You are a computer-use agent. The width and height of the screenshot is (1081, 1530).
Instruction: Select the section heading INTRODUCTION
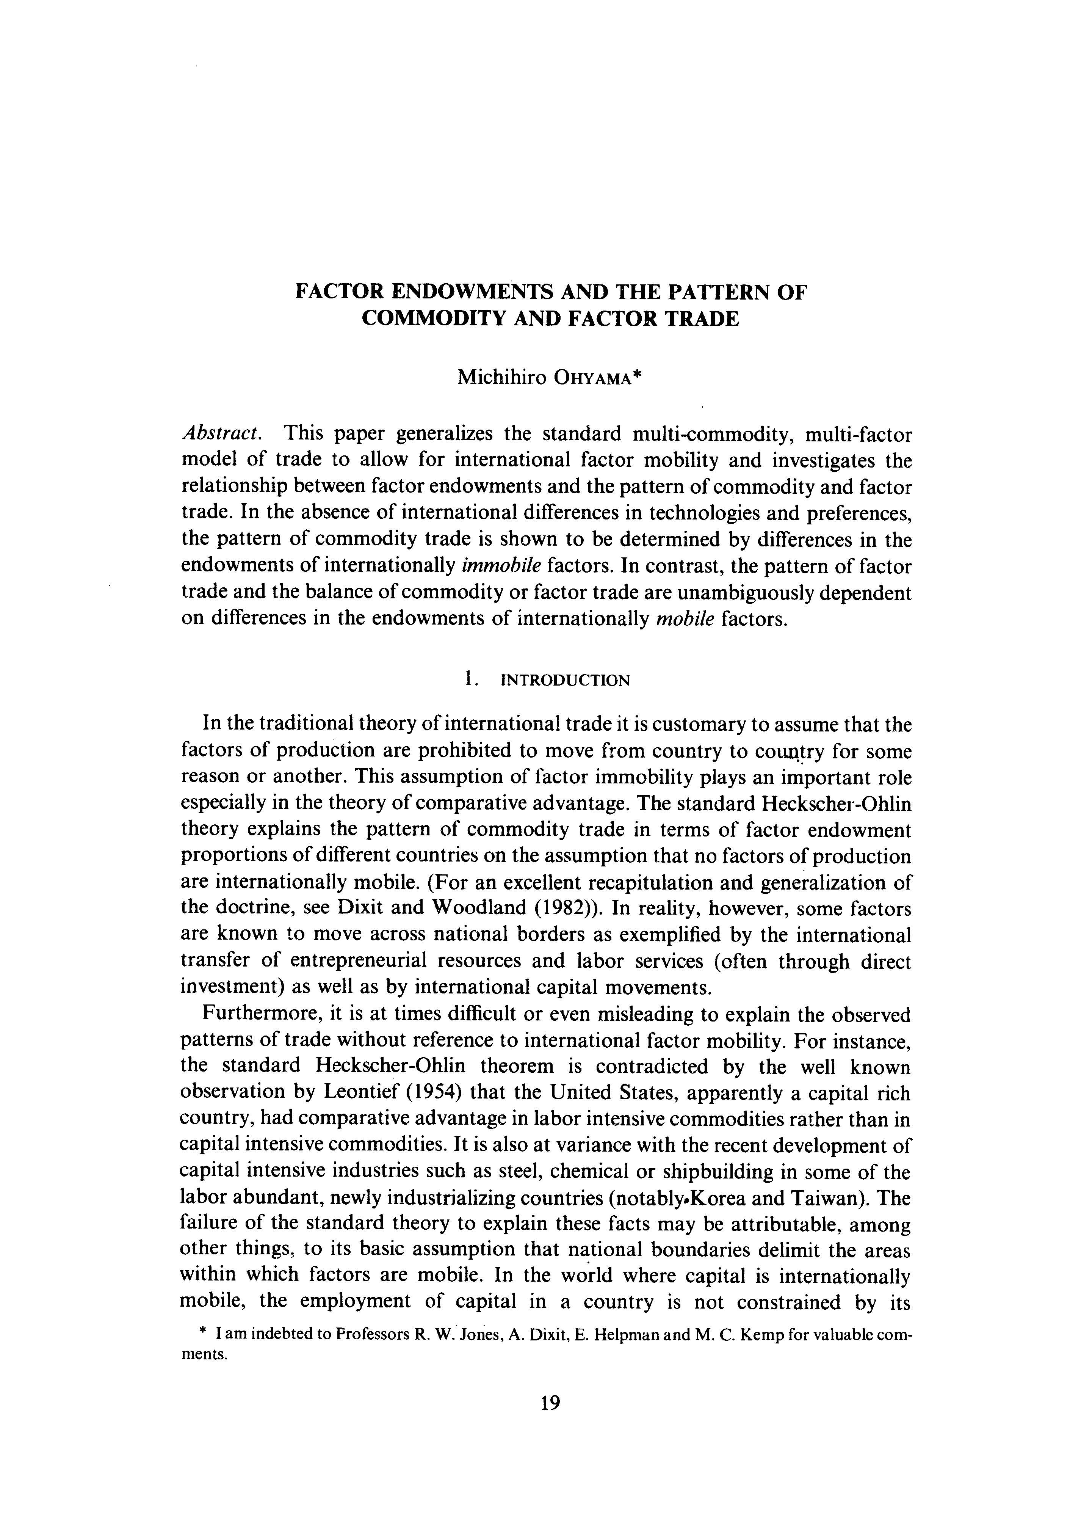564,680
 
